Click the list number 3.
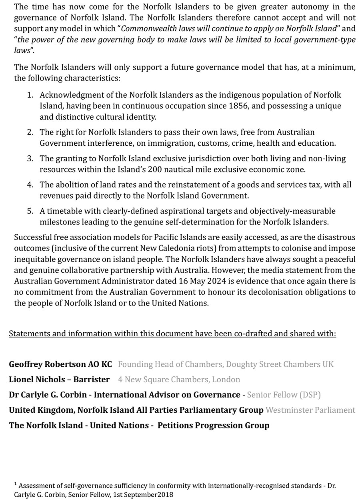[30, 159]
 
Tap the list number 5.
[30, 211]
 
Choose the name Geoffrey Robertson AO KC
[60, 364]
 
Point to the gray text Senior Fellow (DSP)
[284, 395]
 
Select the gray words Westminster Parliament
[310, 410]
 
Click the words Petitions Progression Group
[213, 425]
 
